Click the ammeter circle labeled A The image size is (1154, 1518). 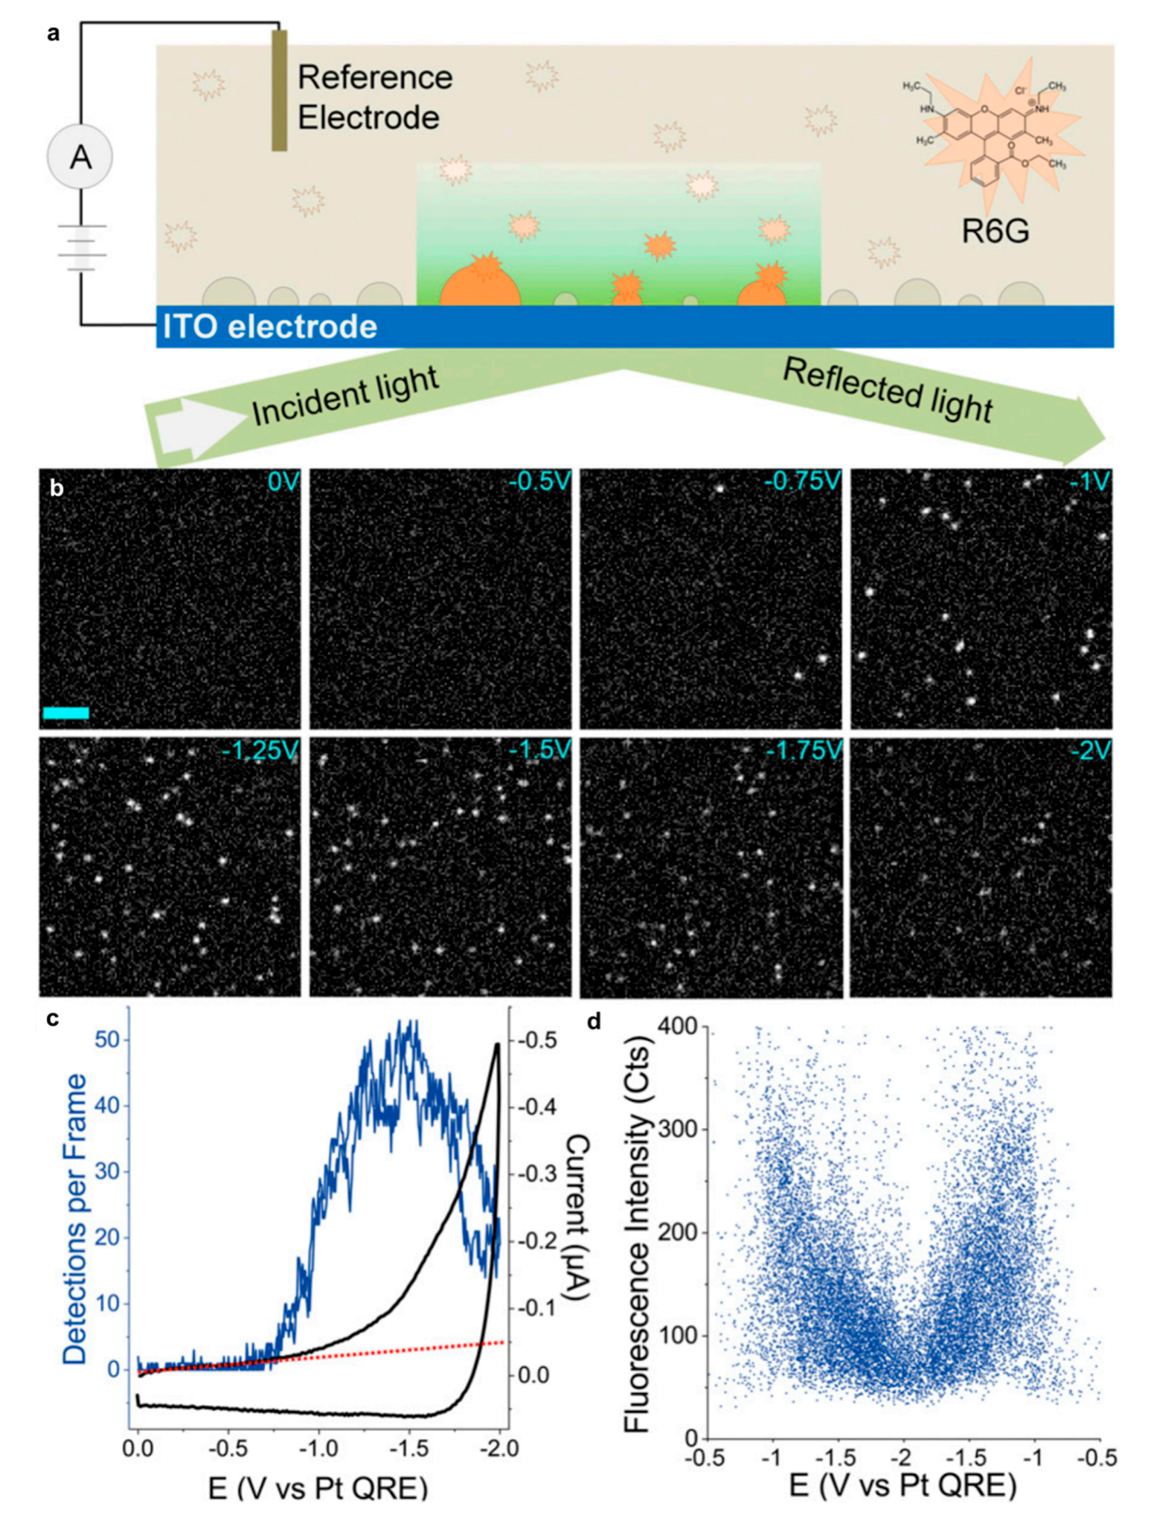(x=80, y=157)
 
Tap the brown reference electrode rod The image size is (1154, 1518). (x=279, y=90)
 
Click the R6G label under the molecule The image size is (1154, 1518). (x=995, y=232)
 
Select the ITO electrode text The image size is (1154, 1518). (x=270, y=327)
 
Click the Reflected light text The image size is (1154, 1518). (x=888, y=390)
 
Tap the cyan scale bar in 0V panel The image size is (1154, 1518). (x=65, y=713)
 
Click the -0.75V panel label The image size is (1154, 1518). (x=802, y=481)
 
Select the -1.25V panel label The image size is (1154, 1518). (x=259, y=750)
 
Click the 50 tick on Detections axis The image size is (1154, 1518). (x=107, y=1040)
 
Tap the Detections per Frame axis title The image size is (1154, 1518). (x=74, y=1219)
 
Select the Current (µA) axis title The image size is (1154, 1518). (x=577, y=1218)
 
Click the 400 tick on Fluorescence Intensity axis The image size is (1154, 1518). (x=678, y=1027)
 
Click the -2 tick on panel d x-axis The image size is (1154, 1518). (x=903, y=1456)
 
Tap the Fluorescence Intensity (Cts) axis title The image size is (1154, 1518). (x=638, y=1229)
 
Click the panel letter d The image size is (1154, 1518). (x=594, y=1022)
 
